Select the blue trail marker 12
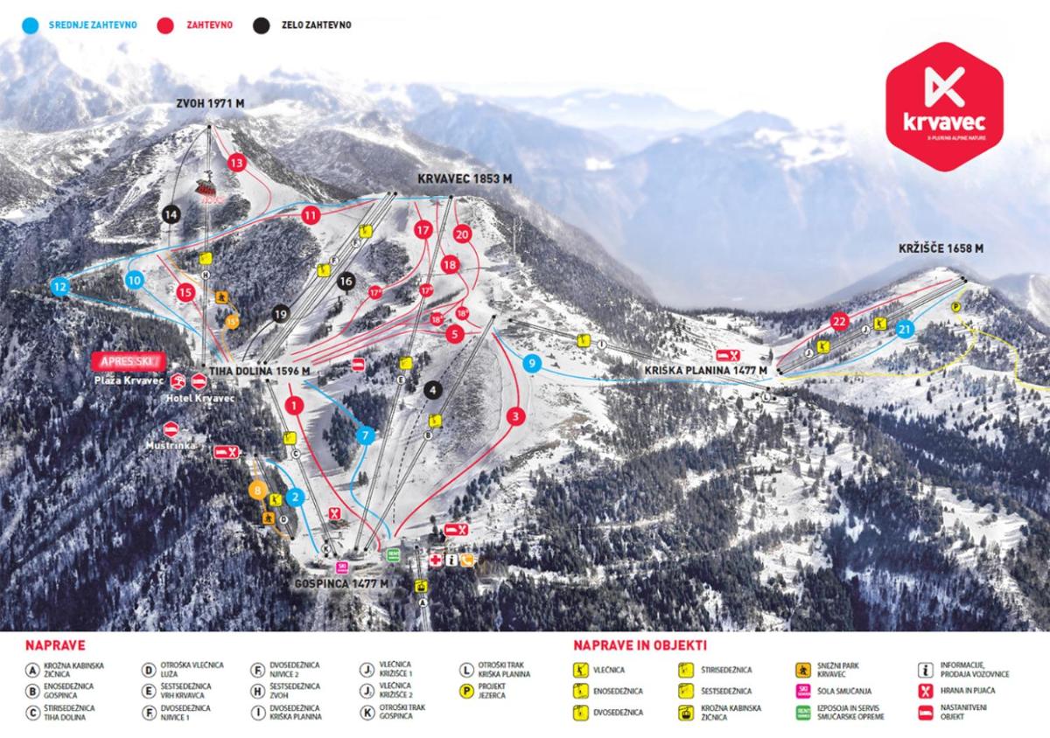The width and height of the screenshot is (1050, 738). tap(59, 286)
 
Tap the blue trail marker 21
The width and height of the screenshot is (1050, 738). tap(905, 330)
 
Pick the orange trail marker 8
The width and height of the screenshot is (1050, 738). tap(257, 491)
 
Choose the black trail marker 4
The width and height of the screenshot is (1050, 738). tap(431, 389)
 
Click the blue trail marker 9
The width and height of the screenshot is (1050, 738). tap(532, 363)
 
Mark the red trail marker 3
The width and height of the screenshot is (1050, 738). tap(516, 416)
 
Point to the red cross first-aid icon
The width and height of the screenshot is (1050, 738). tap(435, 560)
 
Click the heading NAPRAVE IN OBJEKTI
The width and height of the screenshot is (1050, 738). tap(640, 646)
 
